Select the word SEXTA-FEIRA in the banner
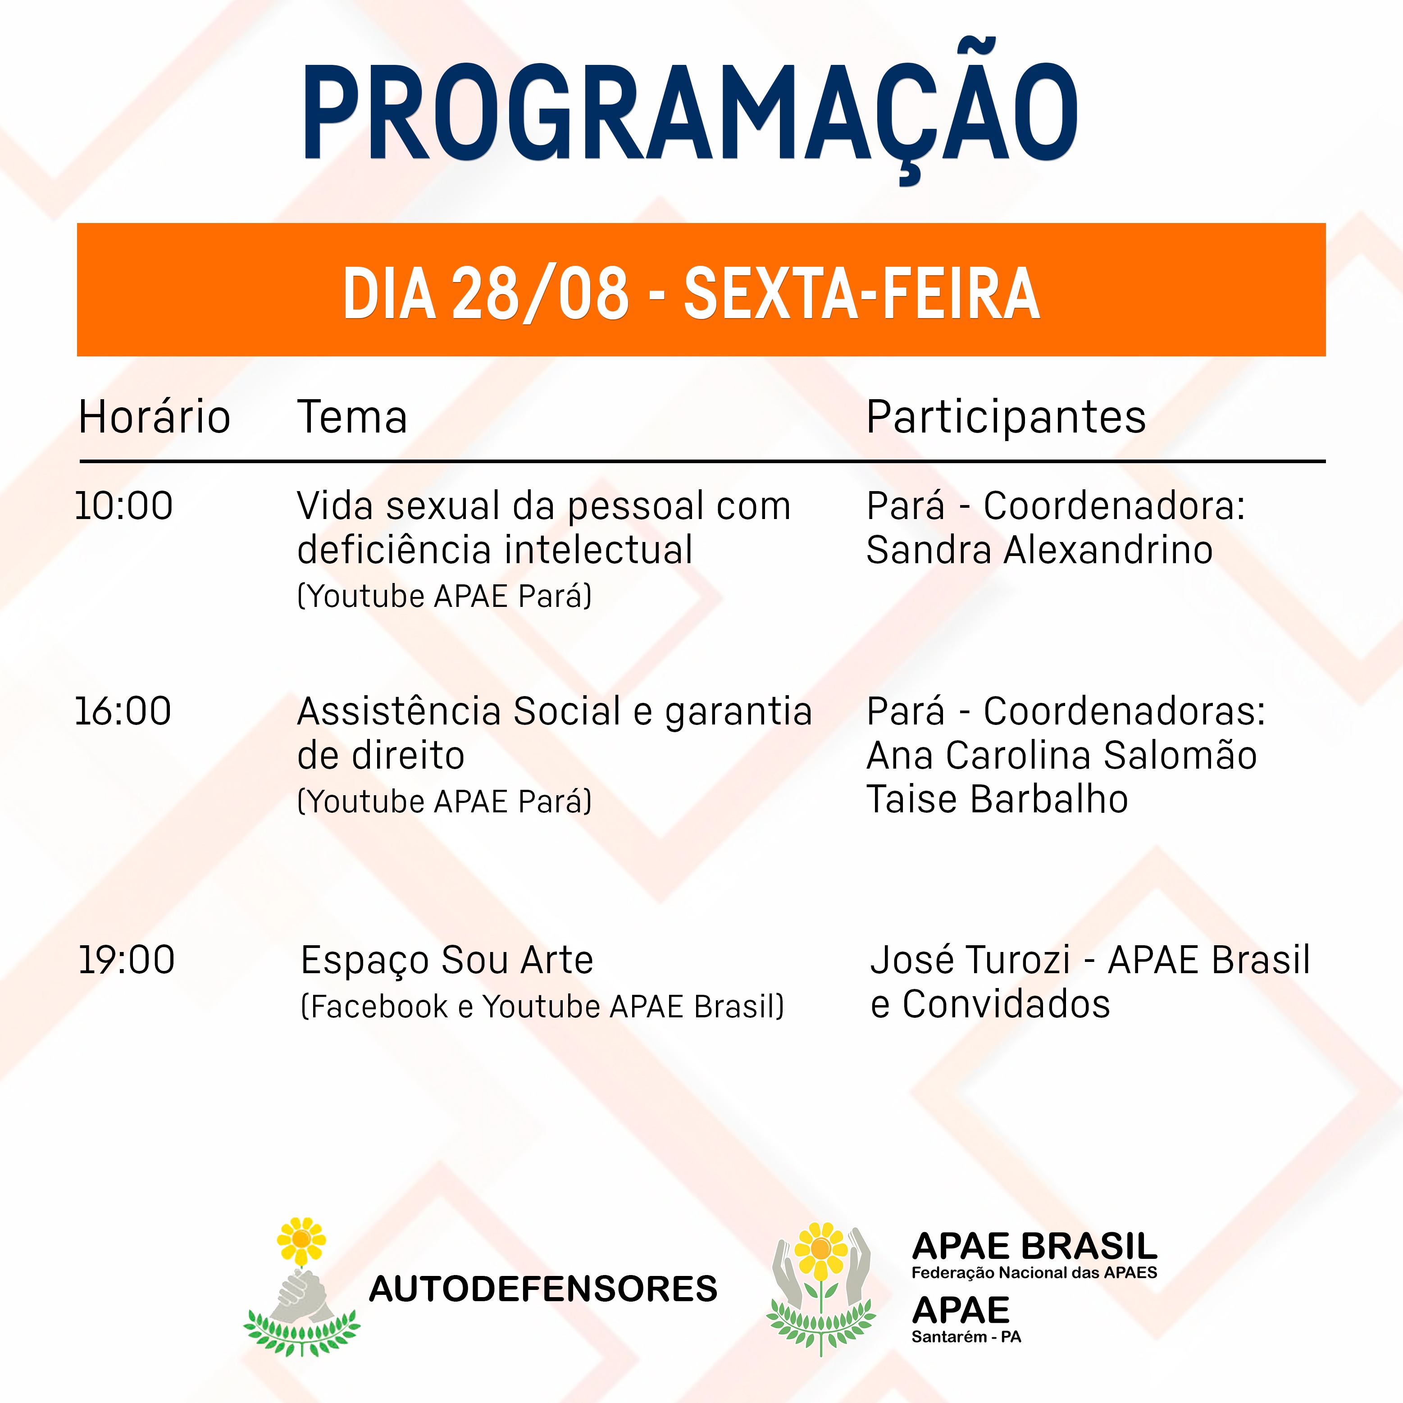[862, 293]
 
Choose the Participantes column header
[1006, 418]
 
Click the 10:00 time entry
[124, 506]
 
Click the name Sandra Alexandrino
[1039, 550]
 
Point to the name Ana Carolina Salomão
[1061, 755]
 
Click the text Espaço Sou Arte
[446, 961]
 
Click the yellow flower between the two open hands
[820, 1249]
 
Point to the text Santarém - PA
[966, 1337]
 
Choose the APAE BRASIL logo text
[1034, 1247]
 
